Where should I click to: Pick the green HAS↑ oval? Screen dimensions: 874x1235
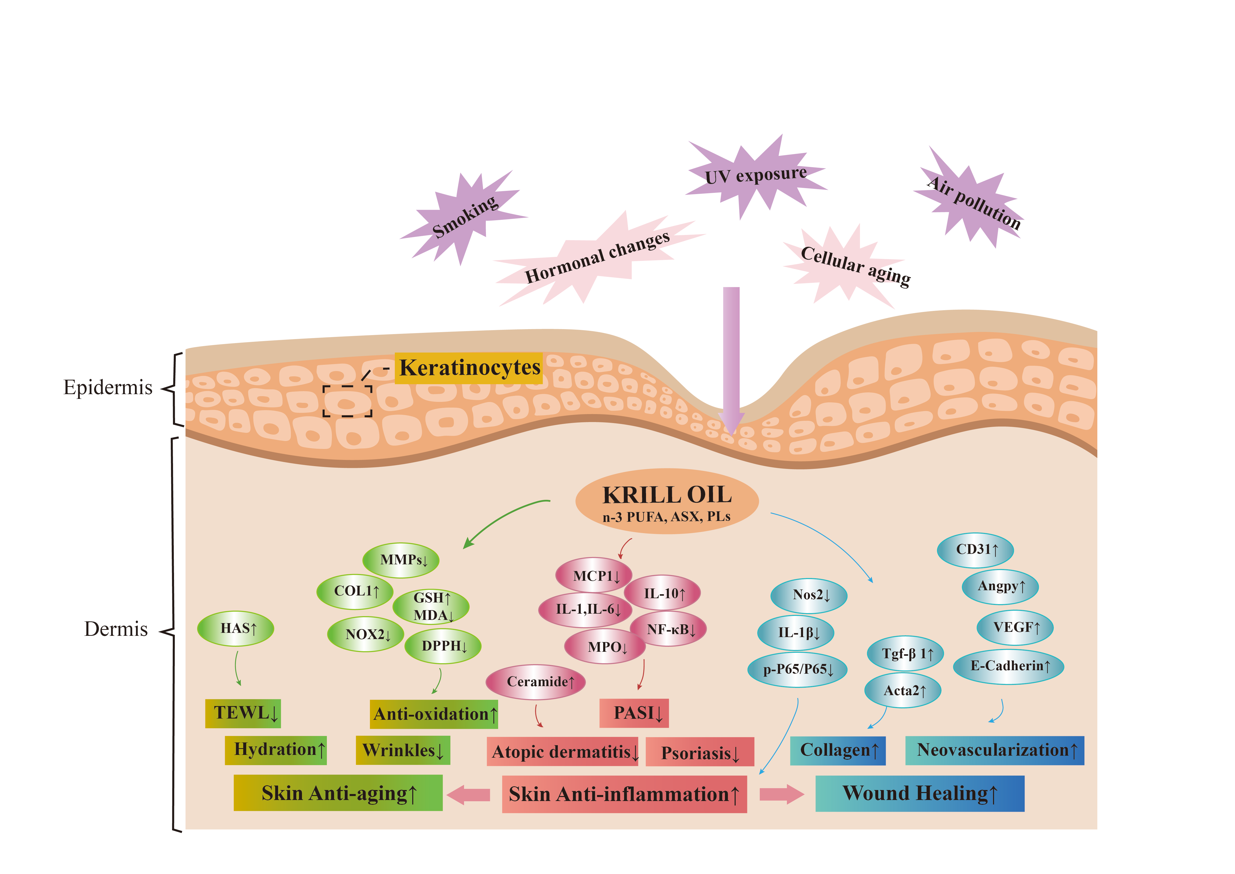coord(235,628)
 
